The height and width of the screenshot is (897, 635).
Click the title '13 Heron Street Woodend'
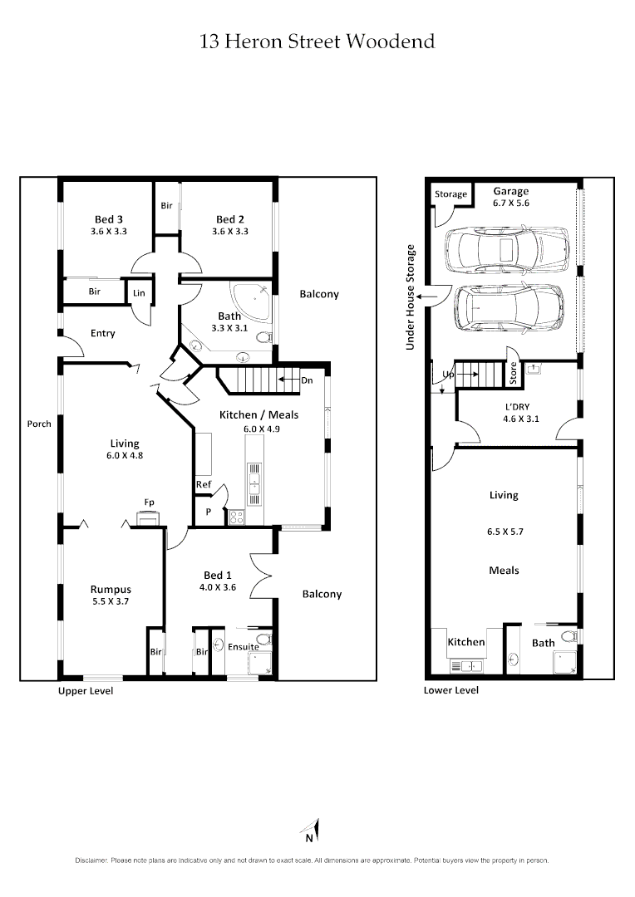click(x=317, y=42)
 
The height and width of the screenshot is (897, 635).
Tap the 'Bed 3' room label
click(x=109, y=219)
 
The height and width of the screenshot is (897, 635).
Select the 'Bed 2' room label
click(x=229, y=219)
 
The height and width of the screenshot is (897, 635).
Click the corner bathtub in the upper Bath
click(x=250, y=297)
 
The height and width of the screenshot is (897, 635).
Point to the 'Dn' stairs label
click(x=308, y=380)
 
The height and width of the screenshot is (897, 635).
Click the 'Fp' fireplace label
click(x=149, y=502)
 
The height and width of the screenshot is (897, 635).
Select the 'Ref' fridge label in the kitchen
click(x=203, y=484)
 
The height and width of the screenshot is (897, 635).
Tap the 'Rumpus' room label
click(x=111, y=590)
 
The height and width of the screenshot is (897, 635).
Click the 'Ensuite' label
click(x=243, y=647)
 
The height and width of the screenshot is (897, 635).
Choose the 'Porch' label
click(x=39, y=424)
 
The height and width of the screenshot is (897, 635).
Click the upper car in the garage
click(x=505, y=248)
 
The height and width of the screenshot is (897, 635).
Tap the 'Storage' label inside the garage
click(x=451, y=194)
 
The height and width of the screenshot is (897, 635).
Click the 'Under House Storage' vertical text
click(x=410, y=297)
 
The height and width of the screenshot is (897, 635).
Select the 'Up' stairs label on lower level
click(x=447, y=375)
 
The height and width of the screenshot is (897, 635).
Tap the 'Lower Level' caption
click(x=450, y=690)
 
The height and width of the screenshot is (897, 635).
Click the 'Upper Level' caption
click(x=85, y=691)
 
